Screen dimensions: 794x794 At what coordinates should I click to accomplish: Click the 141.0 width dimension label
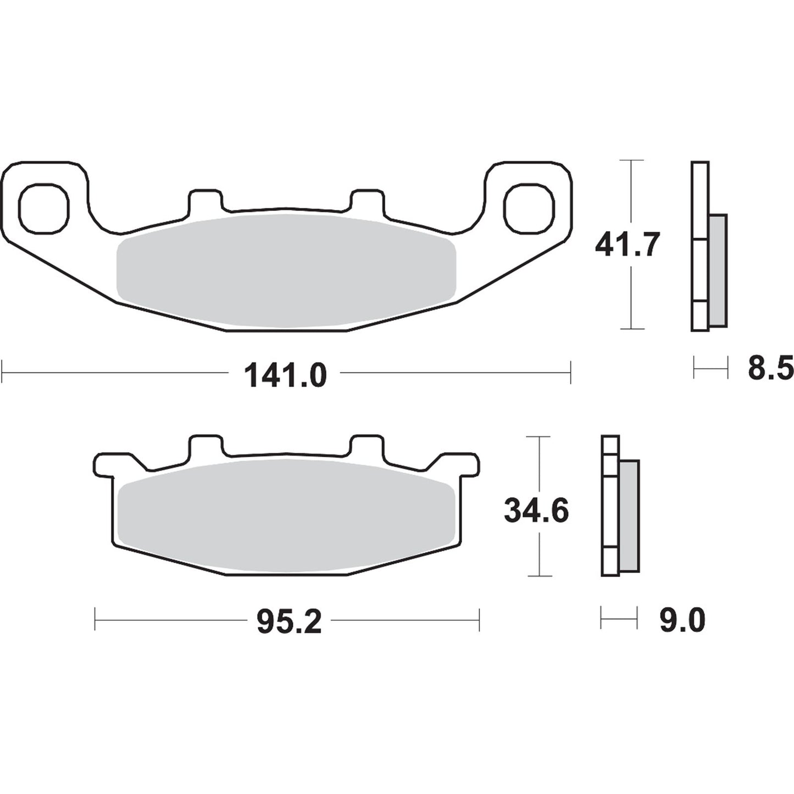285,376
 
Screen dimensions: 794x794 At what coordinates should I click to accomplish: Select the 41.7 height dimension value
627,245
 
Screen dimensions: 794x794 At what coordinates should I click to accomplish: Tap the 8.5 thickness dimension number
770,368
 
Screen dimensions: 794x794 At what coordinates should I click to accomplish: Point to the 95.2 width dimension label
289,622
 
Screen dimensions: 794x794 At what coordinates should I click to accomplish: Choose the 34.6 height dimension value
536,511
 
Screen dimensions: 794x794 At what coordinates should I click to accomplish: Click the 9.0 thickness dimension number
681,621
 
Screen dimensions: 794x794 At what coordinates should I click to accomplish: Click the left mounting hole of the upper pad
44,208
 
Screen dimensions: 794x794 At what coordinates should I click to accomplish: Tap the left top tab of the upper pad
206,199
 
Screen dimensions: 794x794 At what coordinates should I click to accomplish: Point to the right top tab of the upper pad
368,199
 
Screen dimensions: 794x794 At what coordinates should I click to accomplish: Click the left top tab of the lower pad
206,445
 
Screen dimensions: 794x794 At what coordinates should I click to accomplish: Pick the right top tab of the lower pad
368,445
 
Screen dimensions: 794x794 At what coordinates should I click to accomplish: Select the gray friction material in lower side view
629,516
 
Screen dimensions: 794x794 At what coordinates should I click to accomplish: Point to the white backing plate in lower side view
610,506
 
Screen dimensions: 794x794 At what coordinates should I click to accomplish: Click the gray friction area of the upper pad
286,269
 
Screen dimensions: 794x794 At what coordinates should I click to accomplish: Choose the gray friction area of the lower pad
286,514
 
